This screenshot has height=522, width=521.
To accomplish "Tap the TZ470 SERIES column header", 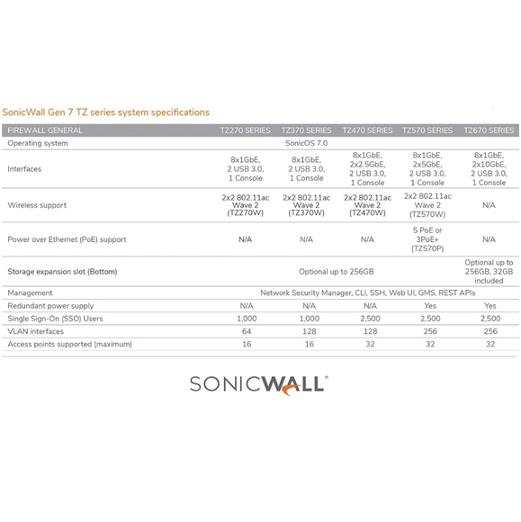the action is (367, 130).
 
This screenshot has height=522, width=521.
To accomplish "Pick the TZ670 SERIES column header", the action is (489, 130).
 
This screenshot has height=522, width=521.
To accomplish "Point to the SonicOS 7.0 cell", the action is (306, 143).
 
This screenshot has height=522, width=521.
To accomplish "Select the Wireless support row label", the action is (37, 205).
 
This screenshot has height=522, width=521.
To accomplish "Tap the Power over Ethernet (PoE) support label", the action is (67, 239).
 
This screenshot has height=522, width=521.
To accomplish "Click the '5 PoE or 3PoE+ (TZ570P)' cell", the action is (427, 239).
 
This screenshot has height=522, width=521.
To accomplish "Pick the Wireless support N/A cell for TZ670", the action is (489, 205).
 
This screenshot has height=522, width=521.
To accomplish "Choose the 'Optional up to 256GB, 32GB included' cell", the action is (489, 271).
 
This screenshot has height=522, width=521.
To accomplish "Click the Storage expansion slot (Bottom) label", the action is (62, 271).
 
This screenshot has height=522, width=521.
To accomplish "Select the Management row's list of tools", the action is (366, 292).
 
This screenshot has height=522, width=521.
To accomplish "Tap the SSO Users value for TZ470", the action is (367, 318).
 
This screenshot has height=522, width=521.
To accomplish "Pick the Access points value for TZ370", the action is (306, 343).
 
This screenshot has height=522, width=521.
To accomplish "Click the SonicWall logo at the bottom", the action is (259, 386).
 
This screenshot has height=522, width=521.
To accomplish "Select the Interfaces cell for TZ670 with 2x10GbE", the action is (489, 168).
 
